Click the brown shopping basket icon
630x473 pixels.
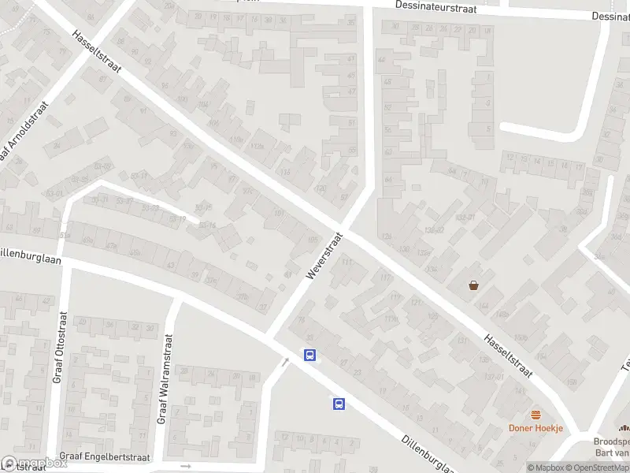click(474, 285)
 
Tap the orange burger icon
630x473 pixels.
click(536, 415)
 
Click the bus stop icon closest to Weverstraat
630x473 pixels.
click(311, 356)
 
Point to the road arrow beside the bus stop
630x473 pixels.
click(286, 361)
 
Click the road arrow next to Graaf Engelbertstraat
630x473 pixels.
click(186, 466)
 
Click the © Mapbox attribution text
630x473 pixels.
click(546, 467)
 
